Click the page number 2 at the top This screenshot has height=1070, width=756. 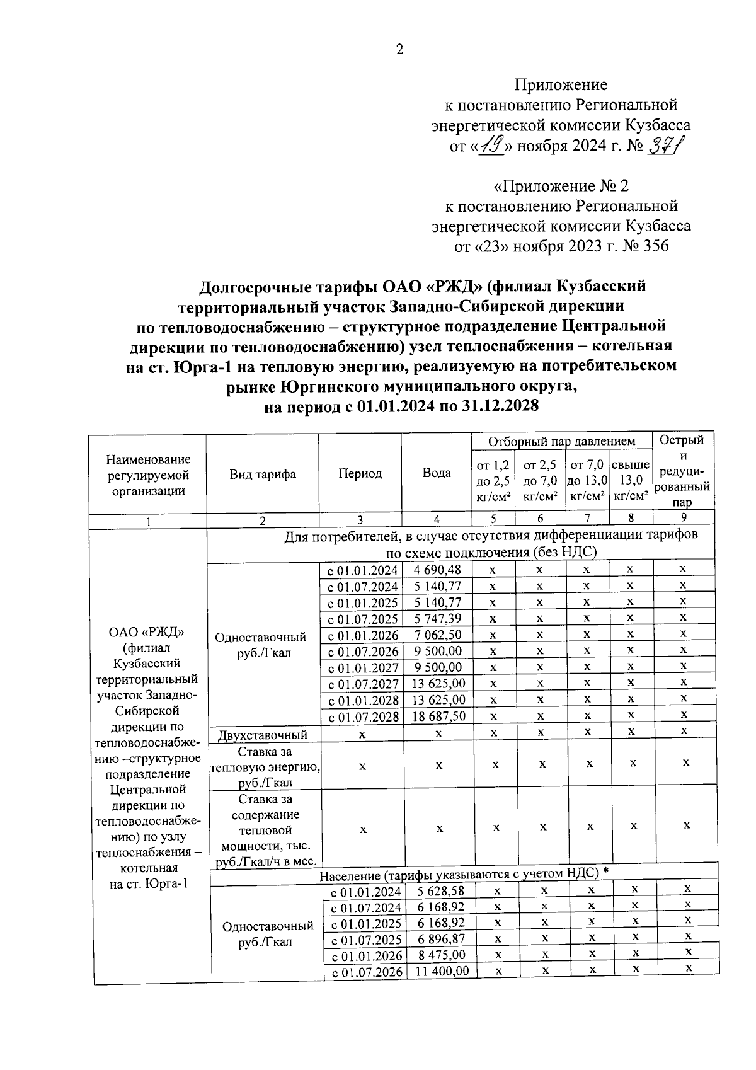pyautogui.click(x=399, y=50)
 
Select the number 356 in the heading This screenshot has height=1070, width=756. pyautogui.click(x=656, y=246)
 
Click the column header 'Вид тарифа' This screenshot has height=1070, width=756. pyautogui.click(x=263, y=474)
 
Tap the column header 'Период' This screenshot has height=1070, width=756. pyautogui.click(x=360, y=473)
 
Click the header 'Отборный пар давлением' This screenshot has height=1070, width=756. pyautogui.click(x=561, y=442)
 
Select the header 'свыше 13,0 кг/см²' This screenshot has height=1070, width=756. pyautogui.click(x=631, y=480)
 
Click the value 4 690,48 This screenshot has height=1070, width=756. pyautogui.click(x=438, y=570)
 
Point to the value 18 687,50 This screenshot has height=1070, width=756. pyautogui.click(x=439, y=716)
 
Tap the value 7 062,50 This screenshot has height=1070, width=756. pyautogui.click(x=438, y=635)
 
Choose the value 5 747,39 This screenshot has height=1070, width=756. pyautogui.click(x=438, y=618)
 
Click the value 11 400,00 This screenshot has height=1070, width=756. pyautogui.click(x=443, y=971)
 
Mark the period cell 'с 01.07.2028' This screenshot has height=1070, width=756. pyautogui.click(x=363, y=717)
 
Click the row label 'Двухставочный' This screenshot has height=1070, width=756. pyautogui.click(x=263, y=735)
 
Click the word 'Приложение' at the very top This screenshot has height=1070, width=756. pyautogui.click(x=561, y=84)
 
